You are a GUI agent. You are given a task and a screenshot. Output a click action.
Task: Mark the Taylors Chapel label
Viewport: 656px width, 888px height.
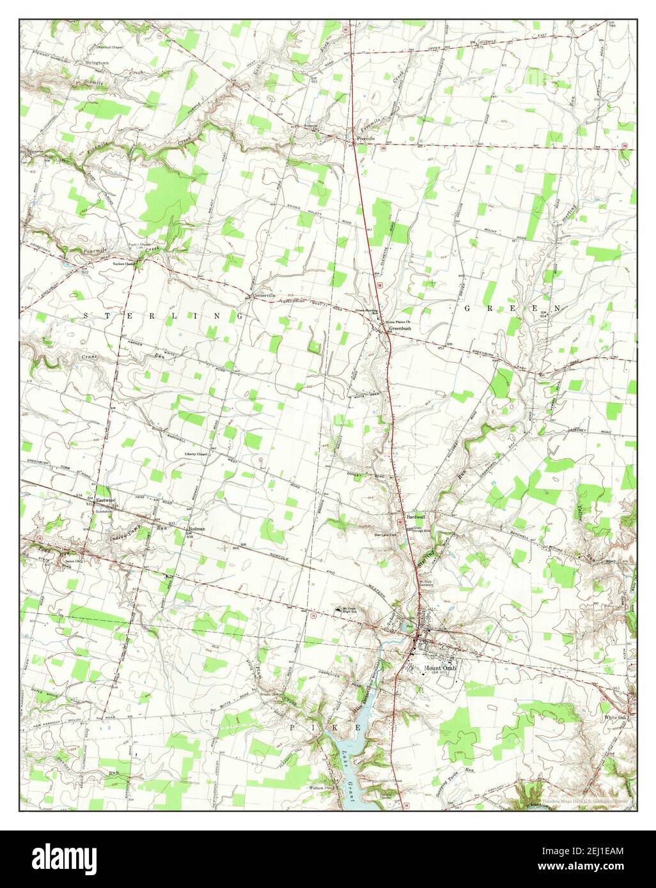[x=125, y=263]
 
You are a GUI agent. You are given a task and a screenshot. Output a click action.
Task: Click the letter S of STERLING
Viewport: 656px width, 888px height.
[x=88, y=316]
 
